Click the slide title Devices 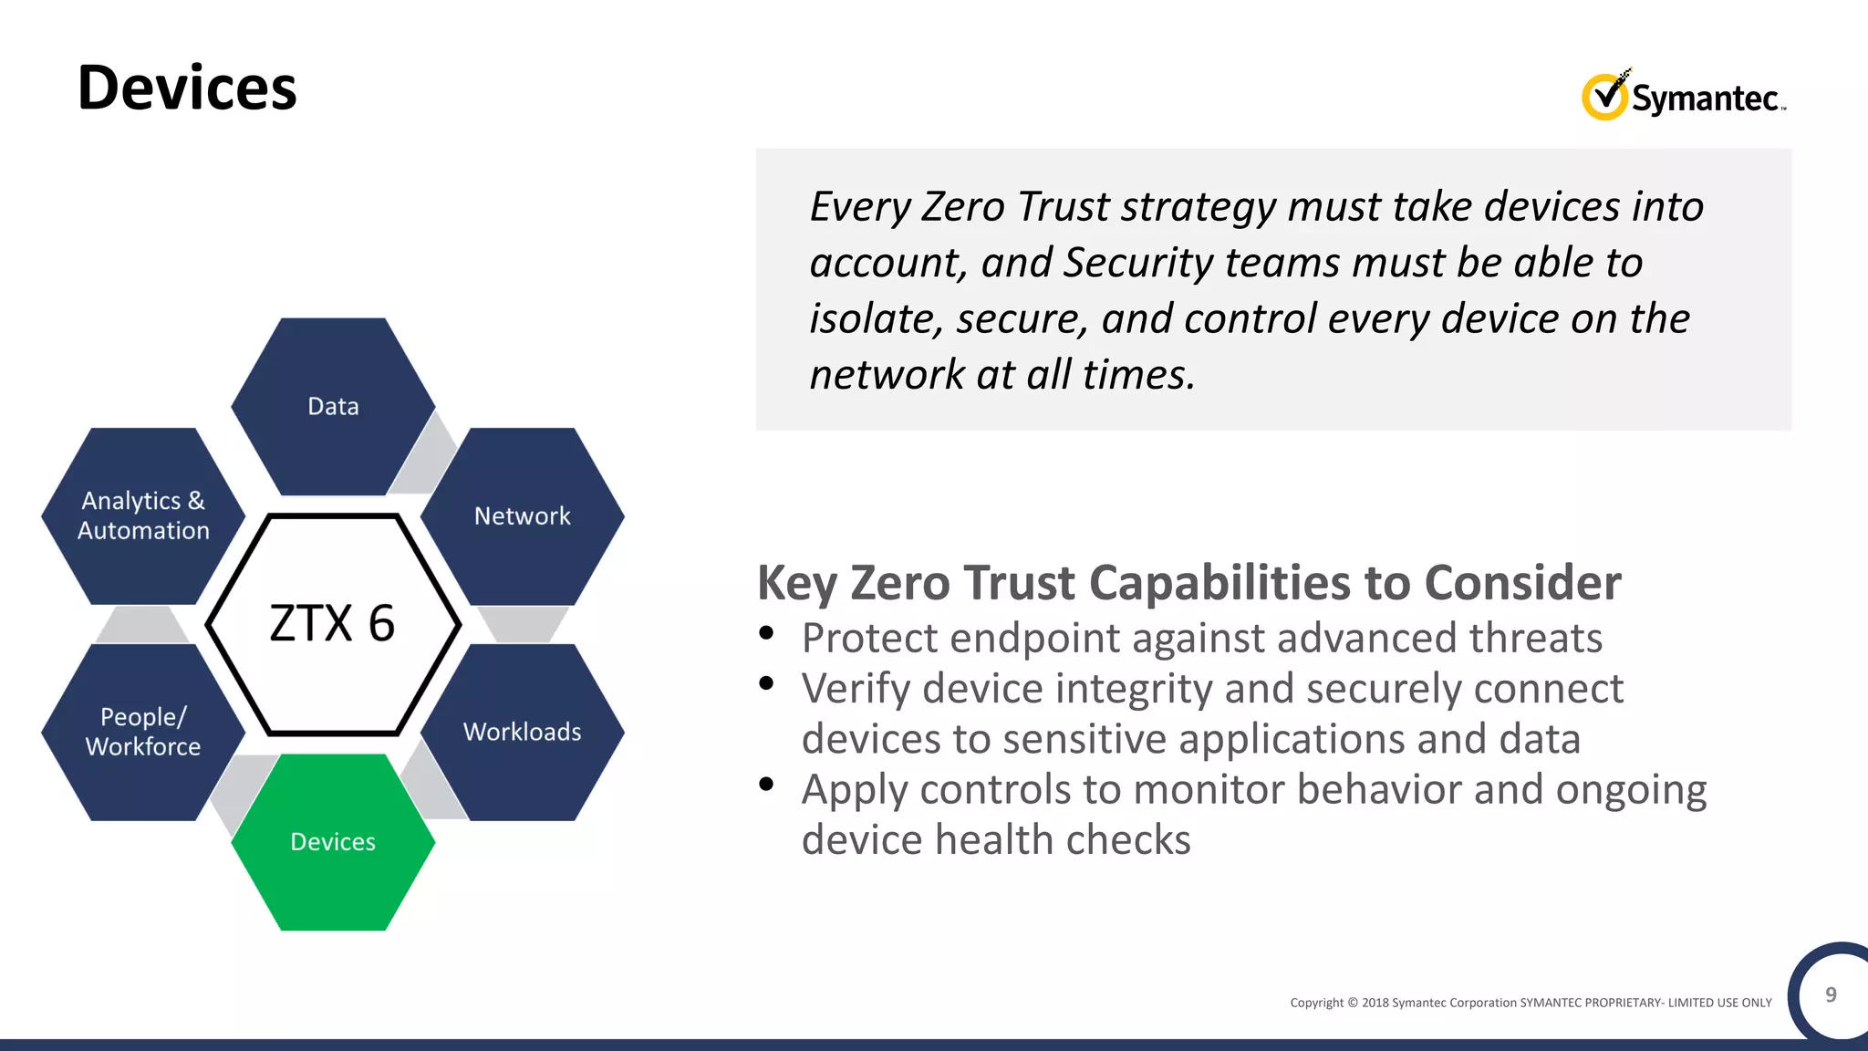click(x=187, y=88)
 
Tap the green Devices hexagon click(x=333, y=841)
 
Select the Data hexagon click(x=333, y=406)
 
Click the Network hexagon click(x=522, y=515)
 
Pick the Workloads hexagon click(x=522, y=732)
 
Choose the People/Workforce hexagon click(x=143, y=732)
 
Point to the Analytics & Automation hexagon click(x=143, y=515)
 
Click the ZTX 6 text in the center click(x=332, y=624)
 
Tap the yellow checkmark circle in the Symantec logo click(x=1603, y=97)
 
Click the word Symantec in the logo click(x=1704, y=99)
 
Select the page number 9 click(x=1830, y=994)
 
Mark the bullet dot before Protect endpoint click(x=766, y=632)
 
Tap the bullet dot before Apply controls click(x=766, y=784)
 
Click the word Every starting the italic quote click(x=859, y=207)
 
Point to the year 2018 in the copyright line click(x=1375, y=1003)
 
